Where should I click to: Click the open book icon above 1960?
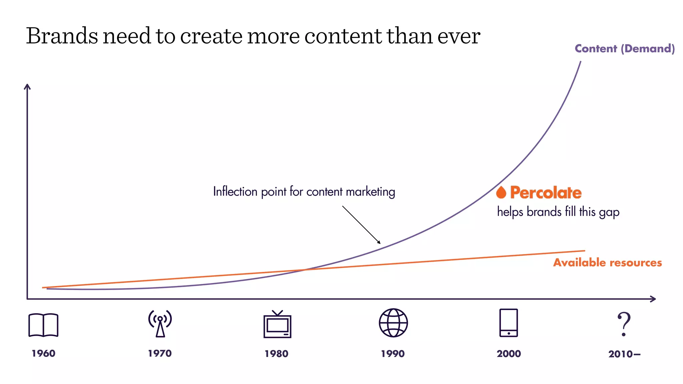pos(43,325)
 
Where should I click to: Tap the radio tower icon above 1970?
pos(160,323)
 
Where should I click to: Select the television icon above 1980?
pos(277,324)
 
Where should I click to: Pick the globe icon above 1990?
pos(393,323)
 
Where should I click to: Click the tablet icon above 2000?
pos(509,323)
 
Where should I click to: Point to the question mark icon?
pos(624,324)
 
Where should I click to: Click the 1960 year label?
pos(43,353)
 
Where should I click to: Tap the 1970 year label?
pos(160,353)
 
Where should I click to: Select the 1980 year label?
pos(276,354)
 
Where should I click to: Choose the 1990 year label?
pos(393,354)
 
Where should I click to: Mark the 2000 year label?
pos(509,354)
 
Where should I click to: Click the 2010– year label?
pos(624,354)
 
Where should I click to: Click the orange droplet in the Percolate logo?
pos(501,192)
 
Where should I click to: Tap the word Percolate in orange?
pos(546,193)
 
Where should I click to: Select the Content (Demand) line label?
pos(625,49)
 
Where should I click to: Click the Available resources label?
pos(607,263)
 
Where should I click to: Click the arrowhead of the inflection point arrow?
pos(379,243)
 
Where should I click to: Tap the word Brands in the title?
pos(62,36)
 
